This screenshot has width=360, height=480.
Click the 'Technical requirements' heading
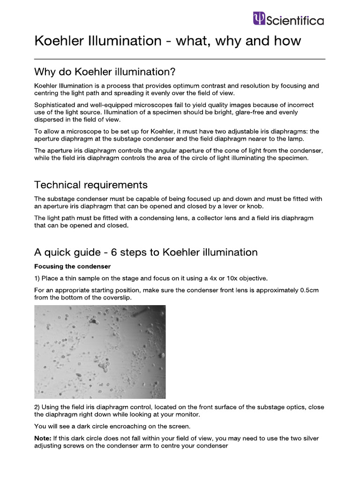tap(91, 185)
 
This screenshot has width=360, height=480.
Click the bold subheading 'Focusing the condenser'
tap(72, 266)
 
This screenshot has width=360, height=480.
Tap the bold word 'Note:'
tap(44, 438)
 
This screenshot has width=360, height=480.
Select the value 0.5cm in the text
tap(309, 290)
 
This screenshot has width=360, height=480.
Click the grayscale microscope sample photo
tap(100, 352)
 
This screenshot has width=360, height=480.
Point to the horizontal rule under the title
tap(180, 59)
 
